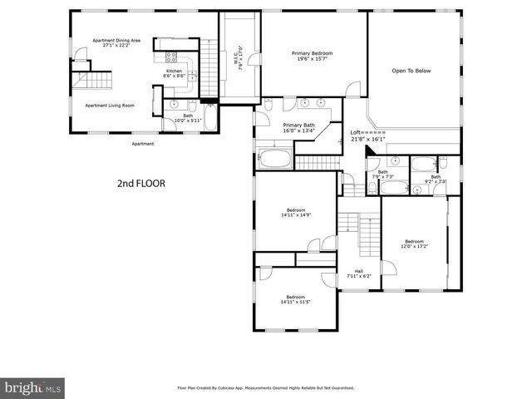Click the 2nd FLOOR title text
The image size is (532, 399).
[x=141, y=184]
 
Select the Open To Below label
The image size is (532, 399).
[x=411, y=71]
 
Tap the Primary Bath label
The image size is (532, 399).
[x=298, y=127]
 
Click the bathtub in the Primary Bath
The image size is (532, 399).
[x=274, y=156]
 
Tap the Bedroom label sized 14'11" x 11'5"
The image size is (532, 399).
[x=296, y=299]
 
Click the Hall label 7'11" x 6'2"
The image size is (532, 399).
[x=359, y=273]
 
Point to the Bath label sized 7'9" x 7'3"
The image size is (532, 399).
[x=382, y=174]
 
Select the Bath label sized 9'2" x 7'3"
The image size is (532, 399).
[x=436, y=179]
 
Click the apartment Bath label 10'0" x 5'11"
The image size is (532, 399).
[x=188, y=118]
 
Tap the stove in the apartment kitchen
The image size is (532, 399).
[x=172, y=57]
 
